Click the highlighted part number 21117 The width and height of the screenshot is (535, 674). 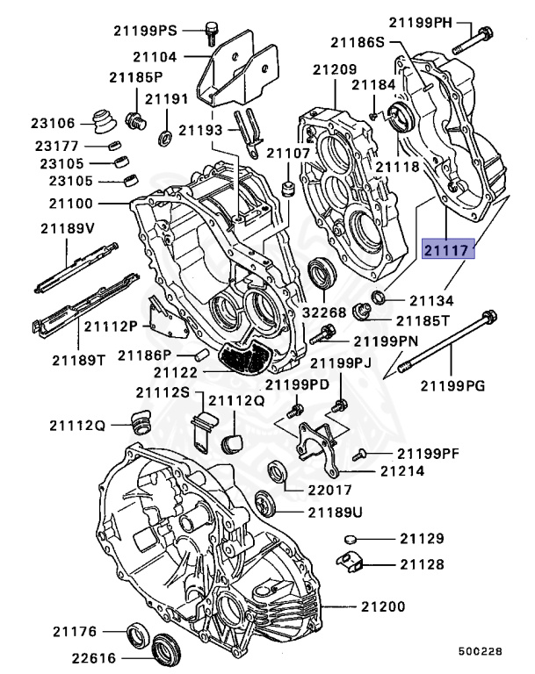pyautogui.click(x=448, y=250)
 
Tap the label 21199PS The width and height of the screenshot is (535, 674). pyautogui.click(x=145, y=30)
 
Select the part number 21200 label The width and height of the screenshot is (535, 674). pyautogui.click(x=381, y=606)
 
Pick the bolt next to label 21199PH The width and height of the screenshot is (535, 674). pyautogui.click(x=474, y=38)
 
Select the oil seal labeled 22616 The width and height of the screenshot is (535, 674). pyautogui.click(x=165, y=650)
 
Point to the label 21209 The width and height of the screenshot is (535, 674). pyautogui.click(x=335, y=68)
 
